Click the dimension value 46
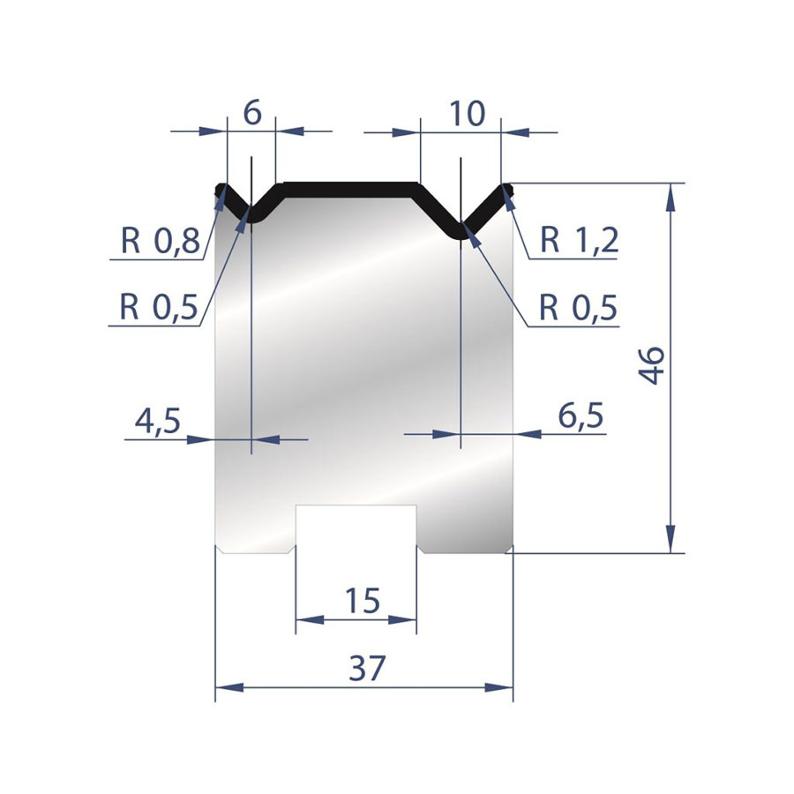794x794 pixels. pyautogui.click(x=651, y=365)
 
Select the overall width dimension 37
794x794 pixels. pyautogui.click(x=367, y=668)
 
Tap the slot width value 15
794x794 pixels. pyautogui.click(x=362, y=601)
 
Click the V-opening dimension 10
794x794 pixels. pyautogui.click(x=467, y=114)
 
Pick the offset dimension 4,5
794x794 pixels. pyautogui.click(x=158, y=421)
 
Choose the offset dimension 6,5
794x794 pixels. pyautogui.click(x=581, y=416)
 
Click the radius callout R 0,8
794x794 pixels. pyautogui.click(x=160, y=240)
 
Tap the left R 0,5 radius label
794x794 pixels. pyautogui.click(x=159, y=306)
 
